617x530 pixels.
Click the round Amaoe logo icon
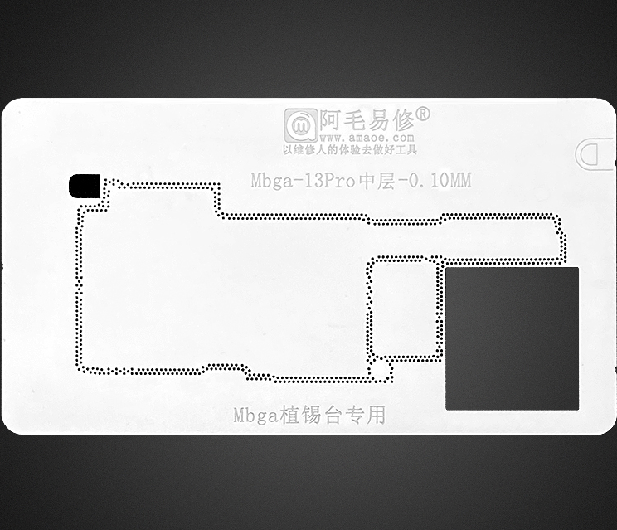coord(299,125)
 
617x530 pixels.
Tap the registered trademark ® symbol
coord(422,114)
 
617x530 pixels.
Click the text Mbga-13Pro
coord(303,181)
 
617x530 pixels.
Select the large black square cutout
coord(512,338)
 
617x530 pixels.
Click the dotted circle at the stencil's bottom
coord(381,371)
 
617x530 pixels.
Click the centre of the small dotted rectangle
coord(404,308)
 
